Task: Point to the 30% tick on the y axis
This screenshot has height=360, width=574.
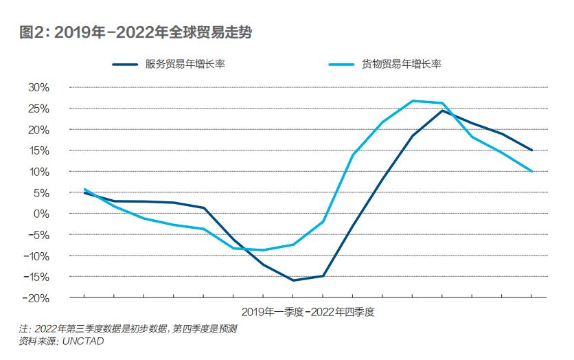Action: click(39, 87)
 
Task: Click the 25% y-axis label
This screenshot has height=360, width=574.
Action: click(39, 109)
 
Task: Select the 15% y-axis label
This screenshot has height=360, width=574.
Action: click(39, 150)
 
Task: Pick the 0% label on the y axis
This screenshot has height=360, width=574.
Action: click(42, 214)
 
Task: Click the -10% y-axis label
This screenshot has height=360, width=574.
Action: click(38, 256)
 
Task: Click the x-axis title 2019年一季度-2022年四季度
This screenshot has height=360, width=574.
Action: click(308, 311)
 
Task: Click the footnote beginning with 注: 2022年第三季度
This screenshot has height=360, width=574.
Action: click(128, 329)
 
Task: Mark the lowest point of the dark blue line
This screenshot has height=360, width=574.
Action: click(293, 280)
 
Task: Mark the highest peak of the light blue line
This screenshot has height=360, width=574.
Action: click(413, 101)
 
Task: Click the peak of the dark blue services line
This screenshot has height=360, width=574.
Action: click(442, 110)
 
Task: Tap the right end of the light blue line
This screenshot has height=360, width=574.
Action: click(532, 171)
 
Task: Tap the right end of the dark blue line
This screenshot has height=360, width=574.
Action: click(532, 150)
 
